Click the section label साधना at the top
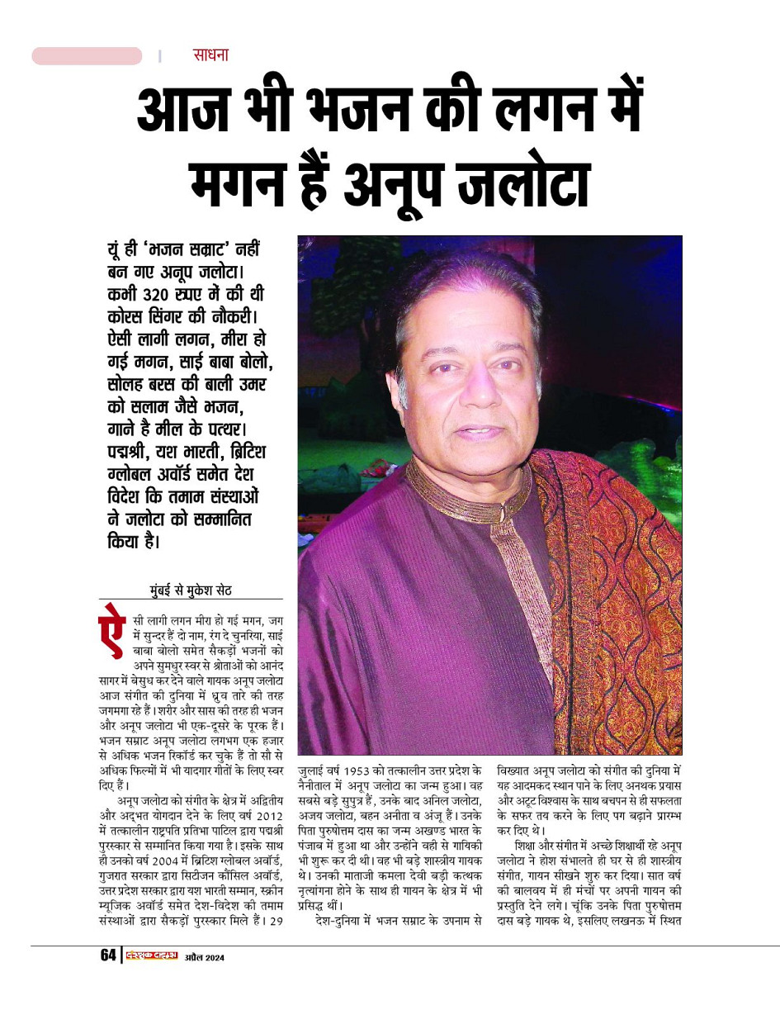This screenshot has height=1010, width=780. (x=210, y=55)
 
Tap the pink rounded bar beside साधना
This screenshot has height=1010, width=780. (x=87, y=56)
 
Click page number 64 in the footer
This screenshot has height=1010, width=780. (x=108, y=955)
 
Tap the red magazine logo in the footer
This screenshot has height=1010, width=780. (x=152, y=955)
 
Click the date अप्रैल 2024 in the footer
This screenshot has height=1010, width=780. (x=204, y=957)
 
